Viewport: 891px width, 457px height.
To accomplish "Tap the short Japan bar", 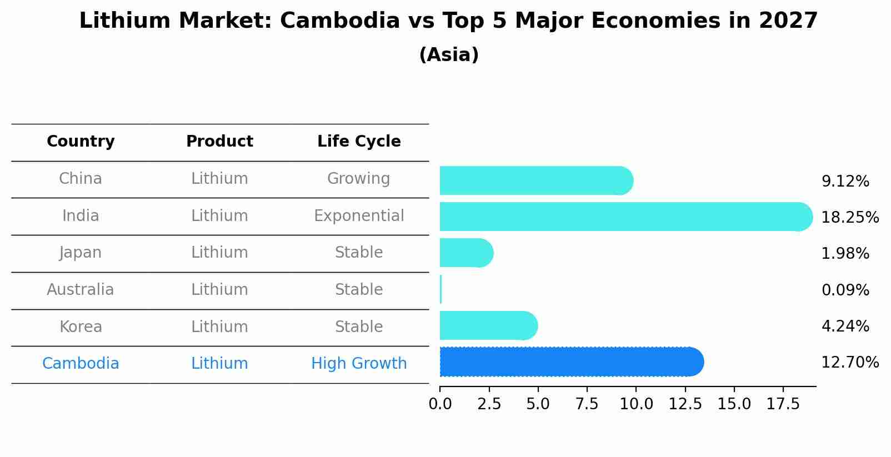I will pyautogui.click(x=466, y=253).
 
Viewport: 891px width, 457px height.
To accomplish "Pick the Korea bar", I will pyautogui.click(x=488, y=325).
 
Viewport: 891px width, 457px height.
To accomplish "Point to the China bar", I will pyautogui.click(x=536, y=180).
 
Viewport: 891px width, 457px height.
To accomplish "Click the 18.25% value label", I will pyautogui.click(x=850, y=217).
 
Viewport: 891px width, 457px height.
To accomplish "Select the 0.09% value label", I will pyautogui.click(x=845, y=290).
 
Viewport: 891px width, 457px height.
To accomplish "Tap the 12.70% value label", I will pyautogui.click(x=850, y=363).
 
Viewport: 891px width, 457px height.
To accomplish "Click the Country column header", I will pyautogui.click(x=81, y=142).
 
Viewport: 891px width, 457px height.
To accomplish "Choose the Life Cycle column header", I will pyautogui.click(x=359, y=142).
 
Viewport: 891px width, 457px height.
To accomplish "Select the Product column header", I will pyautogui.click(x=219, y=142).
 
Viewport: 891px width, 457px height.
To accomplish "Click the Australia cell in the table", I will pyautogui.click(x=81, y=290).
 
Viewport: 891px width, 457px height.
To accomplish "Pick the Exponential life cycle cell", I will pyautogui.click(x=359, y=216).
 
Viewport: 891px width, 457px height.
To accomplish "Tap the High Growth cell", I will pyautogui.click(x=359, y=364).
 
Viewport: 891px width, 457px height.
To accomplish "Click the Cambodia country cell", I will pyautogui.click(x=81, y=364).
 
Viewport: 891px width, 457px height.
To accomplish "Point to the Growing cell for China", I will pyautogui.click(x=359, y=179).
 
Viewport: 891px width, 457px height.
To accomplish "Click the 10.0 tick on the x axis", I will pyautogui.click(x=636, y=404).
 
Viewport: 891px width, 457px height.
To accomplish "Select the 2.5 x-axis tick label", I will pyautogui.click(x=489, y=404).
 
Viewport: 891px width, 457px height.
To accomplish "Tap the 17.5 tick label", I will pyautogui.click(x=783, y=404).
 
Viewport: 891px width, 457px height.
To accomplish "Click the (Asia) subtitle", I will pyautogui.click(x=449, y=55).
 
